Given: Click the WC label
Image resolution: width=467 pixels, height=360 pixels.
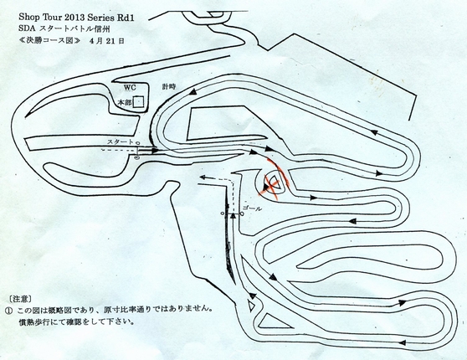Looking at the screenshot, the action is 130,88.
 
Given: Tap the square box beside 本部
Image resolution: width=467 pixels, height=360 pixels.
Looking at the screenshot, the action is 138,102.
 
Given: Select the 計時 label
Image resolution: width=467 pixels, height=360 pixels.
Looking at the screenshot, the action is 168,87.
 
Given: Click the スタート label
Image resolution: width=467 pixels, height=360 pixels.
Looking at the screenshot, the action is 121,142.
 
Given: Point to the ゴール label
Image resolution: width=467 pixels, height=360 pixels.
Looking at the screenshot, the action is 252,208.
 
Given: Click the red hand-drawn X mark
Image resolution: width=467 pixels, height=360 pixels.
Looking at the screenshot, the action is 273,180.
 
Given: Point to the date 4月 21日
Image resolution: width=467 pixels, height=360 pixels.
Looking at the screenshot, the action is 106,41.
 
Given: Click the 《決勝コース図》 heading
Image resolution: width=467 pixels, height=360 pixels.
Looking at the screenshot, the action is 49,41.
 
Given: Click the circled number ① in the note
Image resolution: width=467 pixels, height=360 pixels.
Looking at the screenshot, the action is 9,311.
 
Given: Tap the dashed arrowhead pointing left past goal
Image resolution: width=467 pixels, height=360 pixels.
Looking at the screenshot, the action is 203,177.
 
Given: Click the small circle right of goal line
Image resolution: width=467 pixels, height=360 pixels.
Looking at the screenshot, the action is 242,213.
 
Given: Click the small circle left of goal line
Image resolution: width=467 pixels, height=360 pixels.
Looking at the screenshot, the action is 222,213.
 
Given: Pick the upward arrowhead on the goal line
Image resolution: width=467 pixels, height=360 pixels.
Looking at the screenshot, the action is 233,216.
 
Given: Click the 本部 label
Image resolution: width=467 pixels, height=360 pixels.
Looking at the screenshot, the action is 125,102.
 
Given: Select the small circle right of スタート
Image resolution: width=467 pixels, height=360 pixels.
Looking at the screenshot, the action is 137,142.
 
